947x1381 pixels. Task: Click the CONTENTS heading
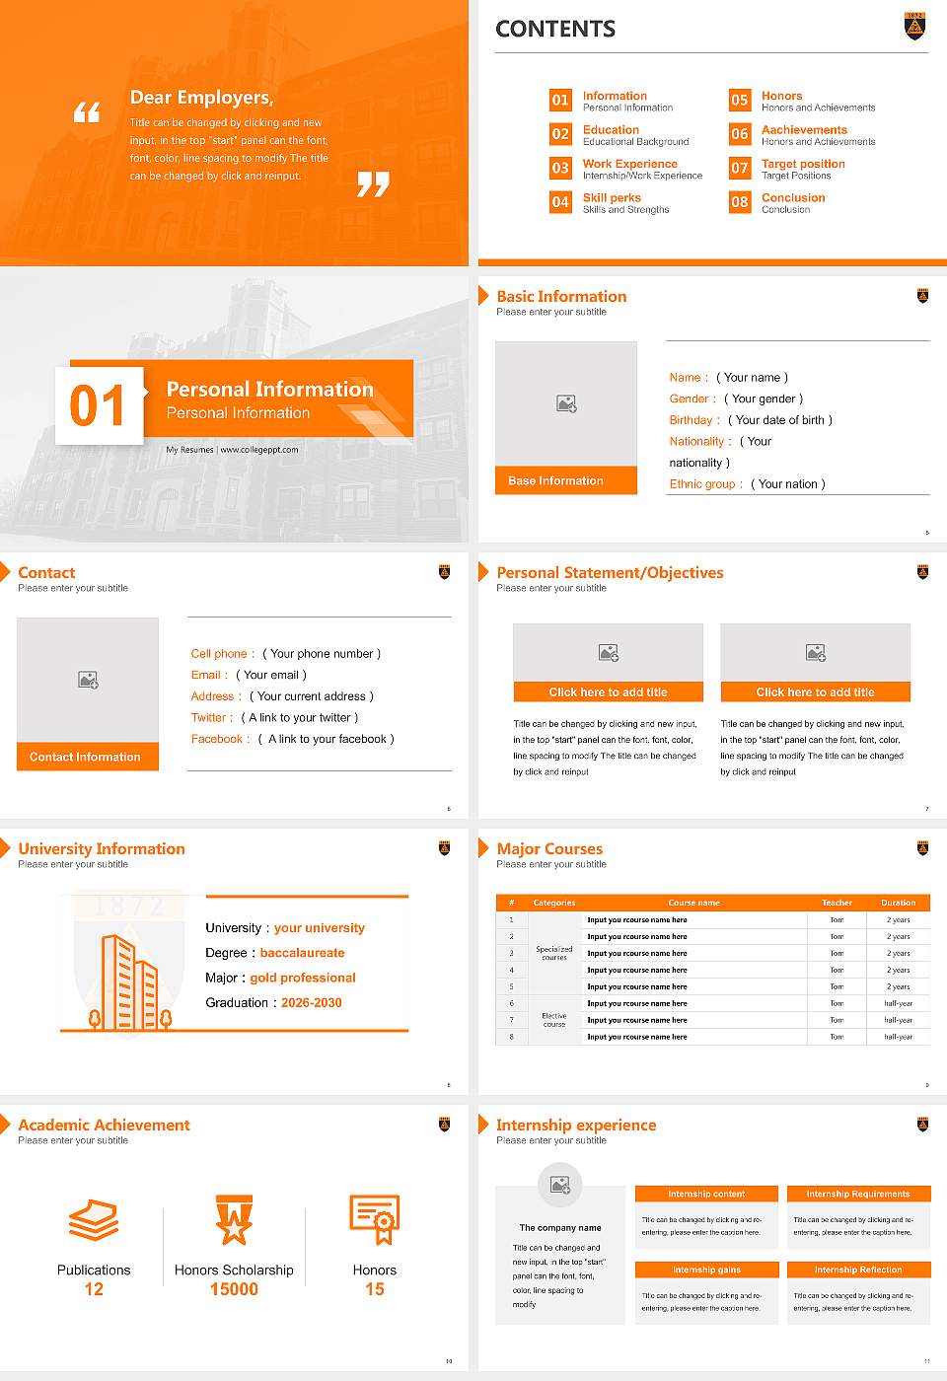click(x=555, y=30)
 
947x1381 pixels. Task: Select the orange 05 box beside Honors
click(x=740, y=100)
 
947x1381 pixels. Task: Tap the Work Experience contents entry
click(x=629, y=164)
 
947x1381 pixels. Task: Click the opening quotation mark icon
click(x=87, y=112)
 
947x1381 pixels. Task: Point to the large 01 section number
click(x=99, y=405)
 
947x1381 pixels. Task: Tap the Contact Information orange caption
click(x=87, y=757)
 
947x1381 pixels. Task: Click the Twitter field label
click(x=211, y=718)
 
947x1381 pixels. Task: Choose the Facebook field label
click(x=220, y=739)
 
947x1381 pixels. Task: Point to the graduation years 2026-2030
click(x=311, y=1002)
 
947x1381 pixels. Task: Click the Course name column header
click(x=693, y=903)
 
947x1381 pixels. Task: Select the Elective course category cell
click(x=553, y=1020)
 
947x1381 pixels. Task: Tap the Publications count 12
click(x=94, y=1289)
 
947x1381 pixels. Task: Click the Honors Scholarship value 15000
click(x=234, y=1289)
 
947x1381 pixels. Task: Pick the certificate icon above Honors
click(x=375, y=1219)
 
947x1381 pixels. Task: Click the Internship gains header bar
click(x=706, y=1270)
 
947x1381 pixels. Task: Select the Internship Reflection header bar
click(x=858, y=1270)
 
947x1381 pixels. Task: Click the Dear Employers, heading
click(x=201, y=98)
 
